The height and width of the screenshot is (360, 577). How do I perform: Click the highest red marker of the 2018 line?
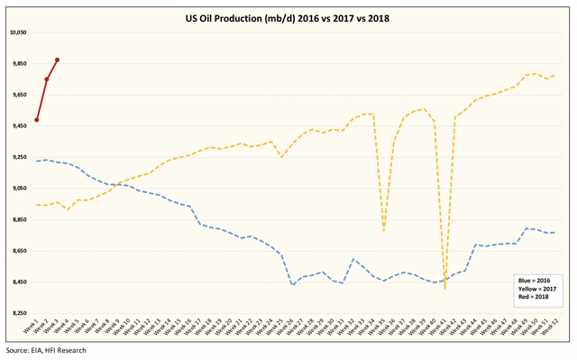pyautogui.click(x=57, y=60)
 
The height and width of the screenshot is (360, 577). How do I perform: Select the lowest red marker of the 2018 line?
pyautogui.click(x=36, y=120)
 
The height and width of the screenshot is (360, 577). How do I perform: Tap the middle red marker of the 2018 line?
pyautogui.click(x=47, y=79)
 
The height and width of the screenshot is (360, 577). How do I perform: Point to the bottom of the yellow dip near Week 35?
pyautogui.click(x=384, y=231)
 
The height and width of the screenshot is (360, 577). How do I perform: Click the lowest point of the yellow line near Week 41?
pyautogui.click(x=445, y=289)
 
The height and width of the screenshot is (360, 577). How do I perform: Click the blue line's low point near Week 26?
pyautogui.click(x=292, y=285)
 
